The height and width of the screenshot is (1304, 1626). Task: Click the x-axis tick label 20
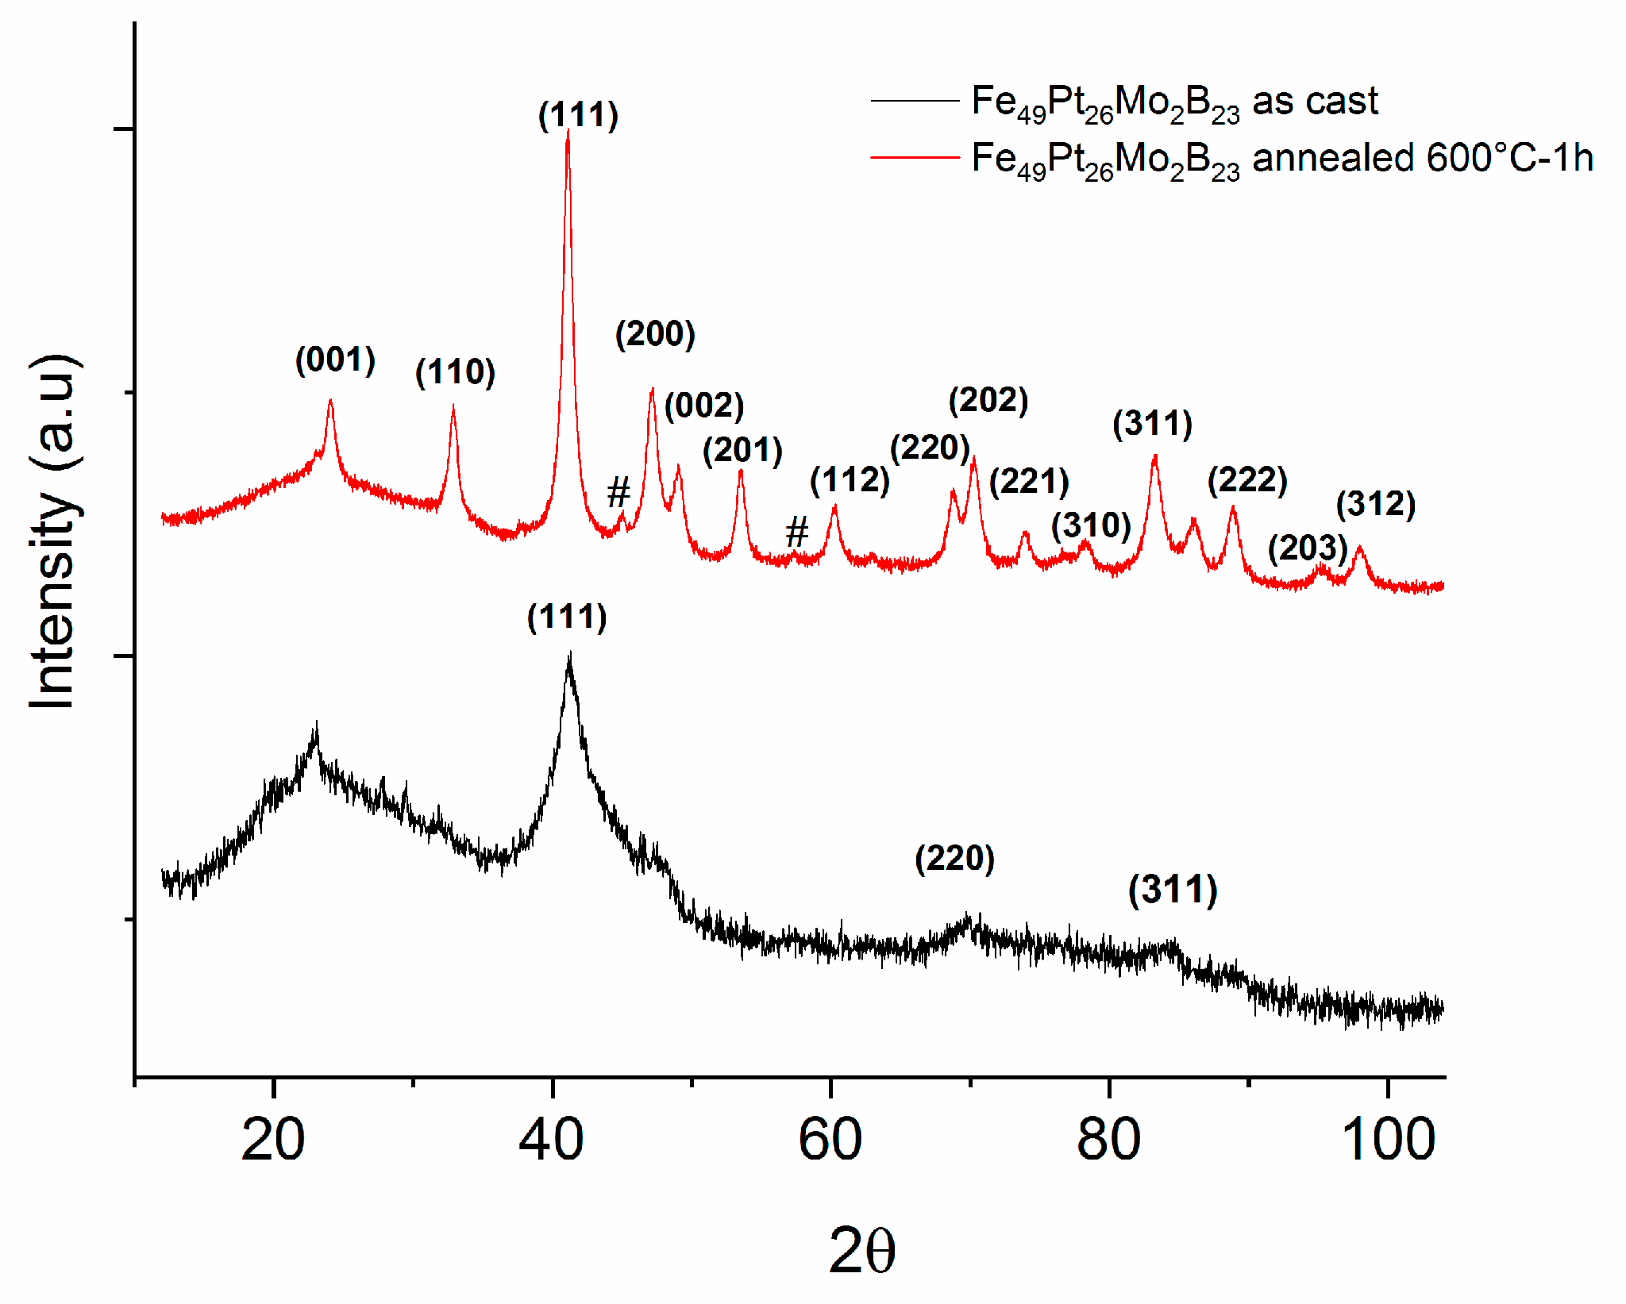point(272,1140)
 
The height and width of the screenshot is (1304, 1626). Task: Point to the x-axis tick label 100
point(1387,1140)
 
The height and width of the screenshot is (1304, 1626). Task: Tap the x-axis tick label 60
point(830,1140)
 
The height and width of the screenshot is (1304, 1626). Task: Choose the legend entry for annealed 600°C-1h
point(1281,158)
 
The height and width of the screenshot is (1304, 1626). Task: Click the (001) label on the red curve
point(335,360)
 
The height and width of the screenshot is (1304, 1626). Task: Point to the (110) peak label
point(455,371)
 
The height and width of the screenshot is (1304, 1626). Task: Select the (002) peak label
point(704,406)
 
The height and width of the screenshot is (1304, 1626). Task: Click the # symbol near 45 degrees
point(618,493)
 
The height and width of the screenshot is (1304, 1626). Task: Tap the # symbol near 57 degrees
point(796,532)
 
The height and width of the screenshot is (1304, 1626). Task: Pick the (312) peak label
point(1376,504)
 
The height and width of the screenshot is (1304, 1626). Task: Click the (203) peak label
point(1308,548)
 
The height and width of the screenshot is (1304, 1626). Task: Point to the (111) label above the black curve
point(567,617)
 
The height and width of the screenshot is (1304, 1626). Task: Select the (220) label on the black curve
point(954,858)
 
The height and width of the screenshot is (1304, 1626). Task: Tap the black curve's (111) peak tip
point(569,656)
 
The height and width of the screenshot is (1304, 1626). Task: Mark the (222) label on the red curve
point(1247,480)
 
